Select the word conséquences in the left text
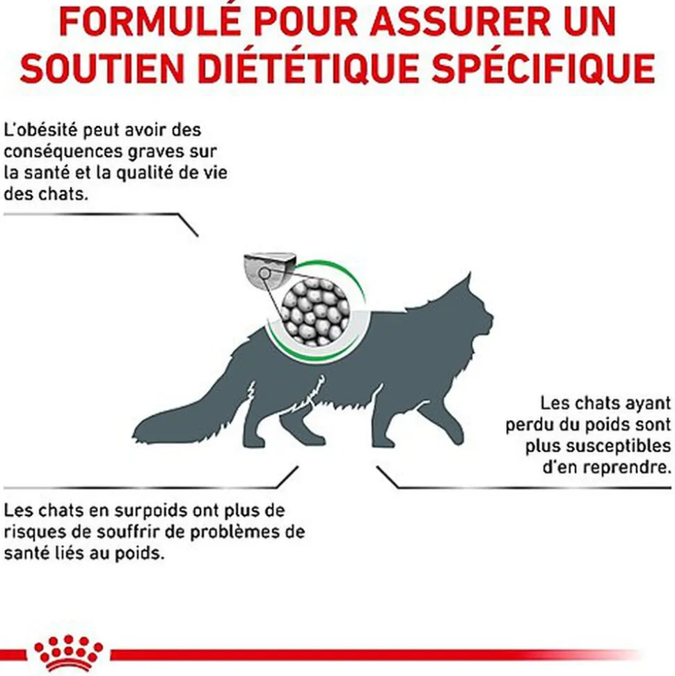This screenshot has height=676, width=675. pyautogui.click(x=57, y=151)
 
